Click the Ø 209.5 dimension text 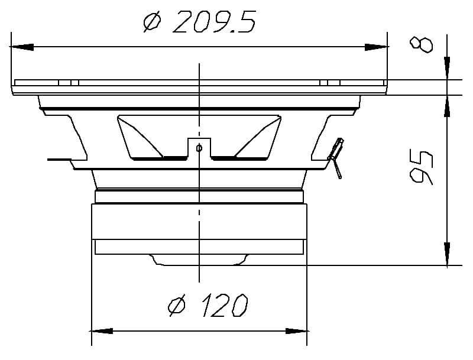click(x=199, y=22)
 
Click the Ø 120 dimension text click(x=207, y=306)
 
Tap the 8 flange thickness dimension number click(x=422, y=44)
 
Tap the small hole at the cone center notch click(x=199, y=148)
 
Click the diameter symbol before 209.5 click(x=151, y=22)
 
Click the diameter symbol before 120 click(x=176, y=306)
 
